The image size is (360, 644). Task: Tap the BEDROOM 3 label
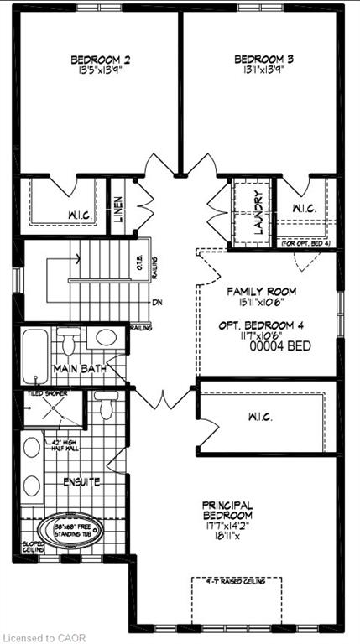pos(263,60)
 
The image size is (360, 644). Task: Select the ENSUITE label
pos(82,483)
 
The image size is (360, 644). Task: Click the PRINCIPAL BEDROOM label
pos(227,510)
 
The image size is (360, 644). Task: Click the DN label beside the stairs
pos(156,302)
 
